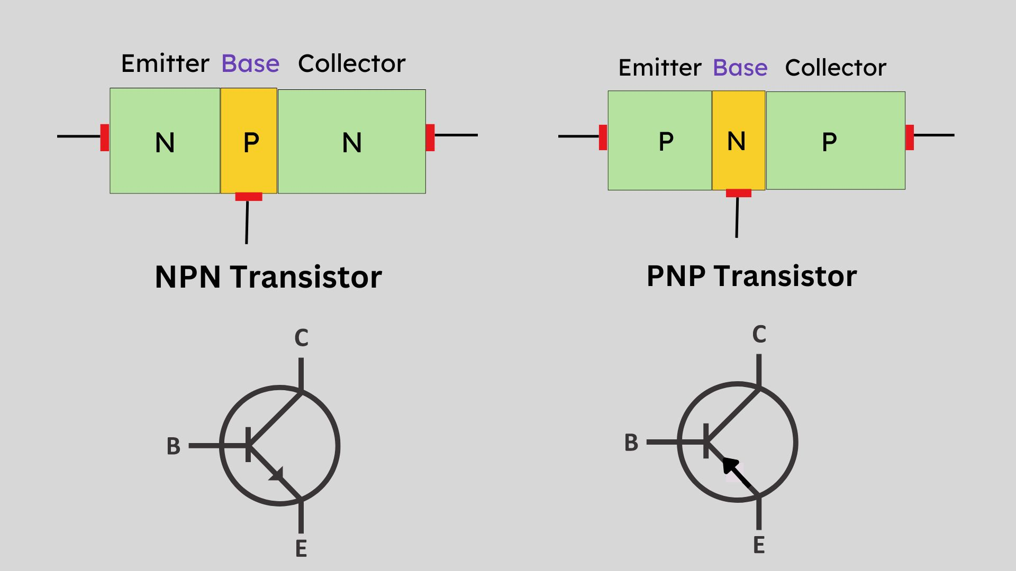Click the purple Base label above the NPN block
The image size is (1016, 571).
pos(250,64)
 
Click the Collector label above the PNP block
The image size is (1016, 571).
pos(835,68)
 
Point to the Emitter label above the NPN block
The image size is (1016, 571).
pos(165,64)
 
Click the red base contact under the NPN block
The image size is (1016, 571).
pos(249,197)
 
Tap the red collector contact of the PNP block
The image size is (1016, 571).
pos(910,137)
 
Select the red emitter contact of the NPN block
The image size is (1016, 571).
pos(105,137)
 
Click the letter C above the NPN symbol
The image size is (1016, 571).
pos(301,338)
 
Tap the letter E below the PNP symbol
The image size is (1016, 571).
pos(759,545)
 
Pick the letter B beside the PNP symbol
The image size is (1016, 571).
pos(631,443)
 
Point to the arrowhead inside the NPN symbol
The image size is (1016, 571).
pos(277,474)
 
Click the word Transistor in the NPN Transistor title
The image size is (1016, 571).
pos(306,277)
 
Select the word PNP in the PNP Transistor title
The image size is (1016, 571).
pos(676,276)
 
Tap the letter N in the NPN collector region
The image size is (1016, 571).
pos(352,143)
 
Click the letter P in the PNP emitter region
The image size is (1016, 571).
pos(666,142)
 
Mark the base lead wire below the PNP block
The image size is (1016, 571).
pos(737,217)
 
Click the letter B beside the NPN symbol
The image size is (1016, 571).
pos(174,447)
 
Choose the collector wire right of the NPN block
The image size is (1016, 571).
pos(456,135)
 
